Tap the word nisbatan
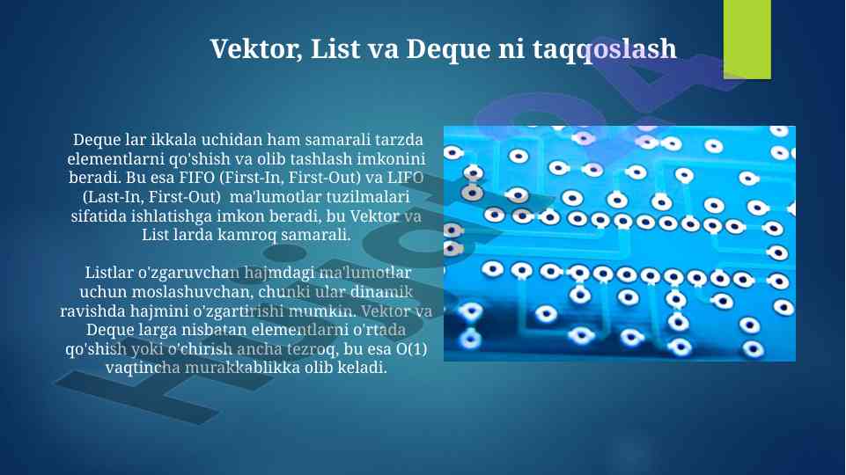217,329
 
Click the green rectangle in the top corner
747,39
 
